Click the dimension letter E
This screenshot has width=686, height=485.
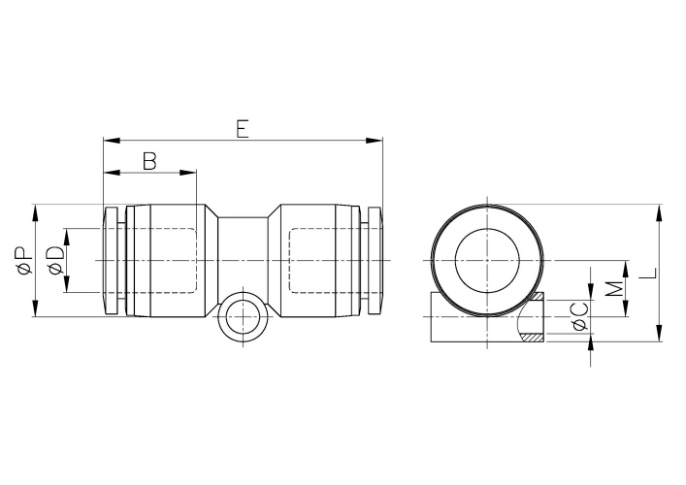point(243,128)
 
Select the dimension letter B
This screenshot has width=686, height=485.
point(149,161)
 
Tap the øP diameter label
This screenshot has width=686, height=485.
point(23,260)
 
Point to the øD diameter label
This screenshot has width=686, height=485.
point(56,260)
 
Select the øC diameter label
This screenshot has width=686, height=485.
point(579,316)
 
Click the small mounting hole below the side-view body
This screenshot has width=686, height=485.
point(242,318)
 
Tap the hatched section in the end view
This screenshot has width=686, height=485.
point(534,339)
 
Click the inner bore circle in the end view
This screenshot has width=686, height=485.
point(488,260)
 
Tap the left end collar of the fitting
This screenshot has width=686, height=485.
point(112,260)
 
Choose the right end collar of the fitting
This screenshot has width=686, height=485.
point(373,260)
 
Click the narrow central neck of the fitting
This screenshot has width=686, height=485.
point(243,260)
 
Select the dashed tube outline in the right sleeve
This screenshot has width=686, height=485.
point(324,260)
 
